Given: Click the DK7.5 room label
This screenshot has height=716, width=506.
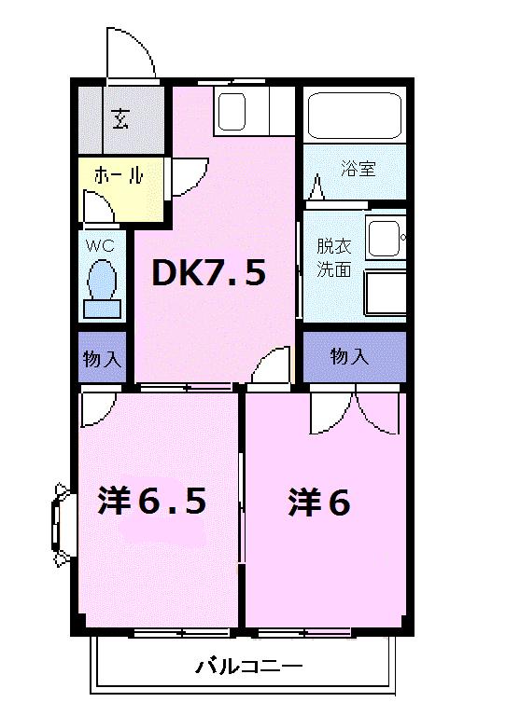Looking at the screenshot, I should (210, 272).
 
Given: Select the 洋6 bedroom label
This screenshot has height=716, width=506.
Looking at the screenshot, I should (319, 503).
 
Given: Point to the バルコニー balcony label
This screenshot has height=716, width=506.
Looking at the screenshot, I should (248, 667).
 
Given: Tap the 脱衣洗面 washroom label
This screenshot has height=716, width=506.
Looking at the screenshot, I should (333, 258).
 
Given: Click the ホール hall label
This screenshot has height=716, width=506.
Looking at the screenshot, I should (119, 174).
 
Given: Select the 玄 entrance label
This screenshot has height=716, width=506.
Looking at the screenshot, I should (121, 117).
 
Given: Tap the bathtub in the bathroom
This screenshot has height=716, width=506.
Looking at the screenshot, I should (354, 116).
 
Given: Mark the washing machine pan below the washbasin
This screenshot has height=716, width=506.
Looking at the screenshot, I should (383, 295).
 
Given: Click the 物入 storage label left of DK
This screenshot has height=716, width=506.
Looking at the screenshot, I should (102, 357).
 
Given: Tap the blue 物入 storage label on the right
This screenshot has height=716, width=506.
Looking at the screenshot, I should (349, 356).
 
